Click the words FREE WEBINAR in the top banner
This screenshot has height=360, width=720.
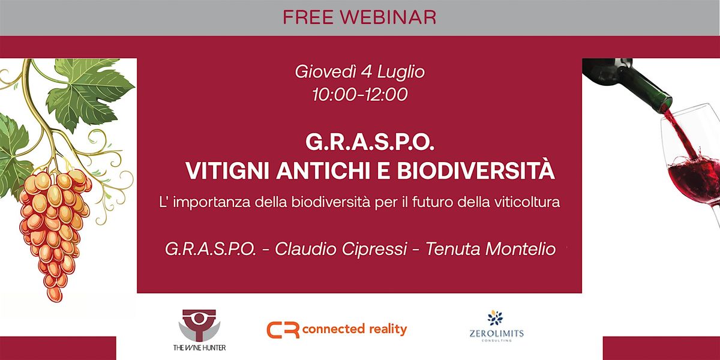pos(359,17)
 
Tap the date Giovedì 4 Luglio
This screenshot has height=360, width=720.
pos(359,73)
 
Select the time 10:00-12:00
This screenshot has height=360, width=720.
pos(359,94)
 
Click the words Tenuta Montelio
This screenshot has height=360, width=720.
pos(491,249)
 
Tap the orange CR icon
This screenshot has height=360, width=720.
pos(283,330)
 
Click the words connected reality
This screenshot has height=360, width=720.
pos(355,329)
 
